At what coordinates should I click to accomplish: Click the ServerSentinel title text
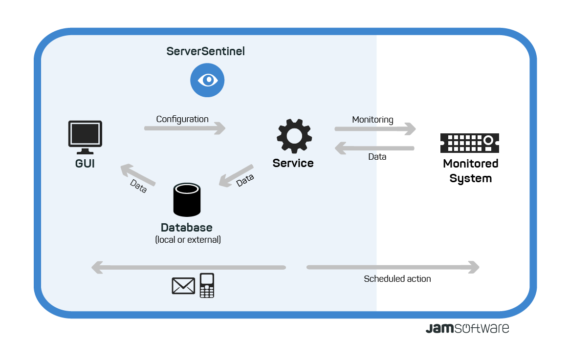click(205, 51)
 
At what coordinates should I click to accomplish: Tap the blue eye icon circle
click(207, 80)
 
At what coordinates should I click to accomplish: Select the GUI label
click(85, 164)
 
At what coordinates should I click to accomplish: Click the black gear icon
click(294, 136)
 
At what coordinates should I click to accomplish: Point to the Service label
click(293, 163)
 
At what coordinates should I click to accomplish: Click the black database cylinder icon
click(187, 200)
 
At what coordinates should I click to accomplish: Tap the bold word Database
click(187, 228)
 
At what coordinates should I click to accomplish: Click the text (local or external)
click(188, 240)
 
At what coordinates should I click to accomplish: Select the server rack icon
click(469, 143)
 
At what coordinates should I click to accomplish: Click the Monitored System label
click(470, 171)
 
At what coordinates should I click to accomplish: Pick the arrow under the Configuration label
click(185, 128)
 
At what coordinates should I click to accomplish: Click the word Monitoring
click(372, 120)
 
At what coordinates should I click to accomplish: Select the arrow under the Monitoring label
click(375, 129)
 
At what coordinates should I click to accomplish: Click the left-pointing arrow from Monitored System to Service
click(374, 148)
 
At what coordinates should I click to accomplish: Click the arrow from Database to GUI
click(138, 175)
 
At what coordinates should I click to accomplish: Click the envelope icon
click(183, 286)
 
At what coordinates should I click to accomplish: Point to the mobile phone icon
click(207, 285)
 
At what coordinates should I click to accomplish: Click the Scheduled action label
click(397, 279)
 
